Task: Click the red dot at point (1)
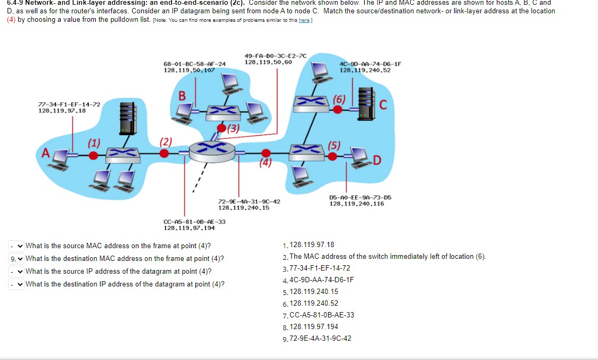click(94, 155)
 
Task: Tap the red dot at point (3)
click(222, 128)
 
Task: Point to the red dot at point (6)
click(337, 109)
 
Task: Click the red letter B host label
click(182, 96)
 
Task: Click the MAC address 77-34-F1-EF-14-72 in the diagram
click(69, 104)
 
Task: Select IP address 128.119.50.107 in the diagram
click(189, 70)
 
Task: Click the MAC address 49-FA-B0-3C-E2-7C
click(275, 56)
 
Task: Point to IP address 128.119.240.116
click(356, 203)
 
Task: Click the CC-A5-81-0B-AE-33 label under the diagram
click(194, 222)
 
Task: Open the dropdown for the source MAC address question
click(17, 246)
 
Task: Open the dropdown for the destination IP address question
click(17, 284)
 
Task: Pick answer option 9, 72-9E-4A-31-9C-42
click(320, 338)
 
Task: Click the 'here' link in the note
click(304, 20)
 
